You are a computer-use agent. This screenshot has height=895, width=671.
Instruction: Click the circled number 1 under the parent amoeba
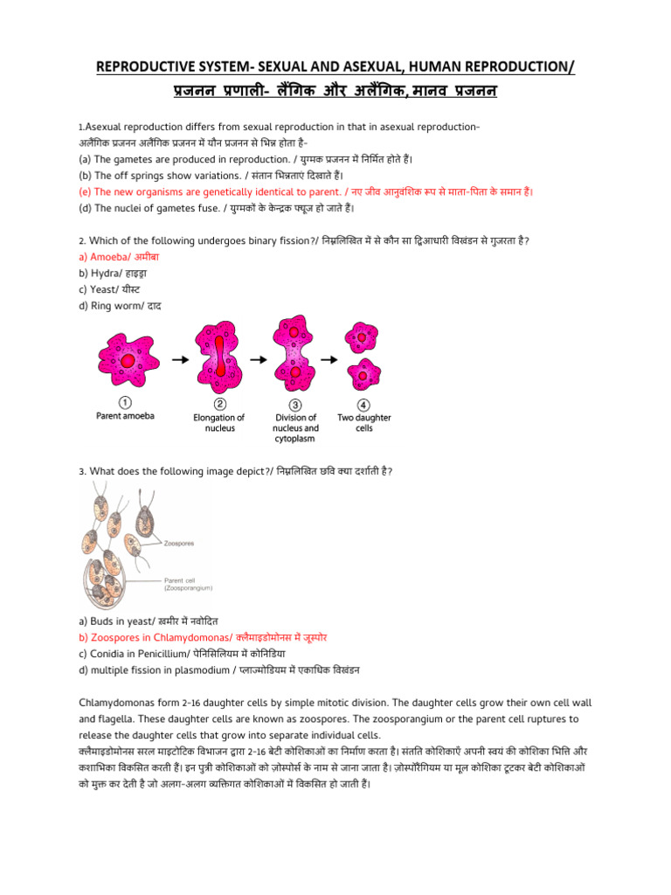tap(125, 403)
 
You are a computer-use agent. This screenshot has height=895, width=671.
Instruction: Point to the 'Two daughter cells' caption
tap(364, 423)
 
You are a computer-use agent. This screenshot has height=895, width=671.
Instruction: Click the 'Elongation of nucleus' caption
tap(219, 423)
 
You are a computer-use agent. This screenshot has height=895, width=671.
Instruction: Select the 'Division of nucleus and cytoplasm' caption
tap(295, 427)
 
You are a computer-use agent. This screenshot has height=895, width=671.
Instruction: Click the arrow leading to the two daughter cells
tap(329, 358)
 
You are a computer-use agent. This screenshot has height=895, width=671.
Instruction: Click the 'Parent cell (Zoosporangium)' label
tap(193, 584)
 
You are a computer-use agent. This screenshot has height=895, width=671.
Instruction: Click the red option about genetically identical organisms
tap(306, 191)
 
